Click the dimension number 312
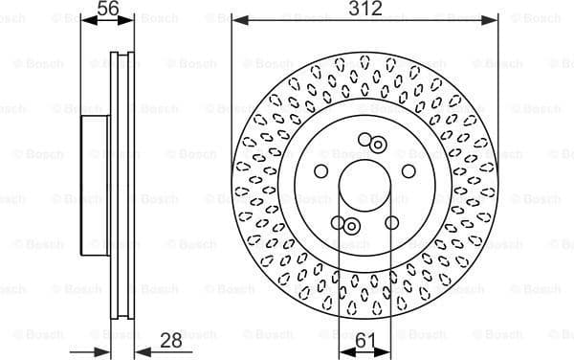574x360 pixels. click(x=365, y=9)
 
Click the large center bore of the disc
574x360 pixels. click(x=364, y=183)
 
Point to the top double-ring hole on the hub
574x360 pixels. click(x=378, y=145)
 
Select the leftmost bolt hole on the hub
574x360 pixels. click(x=321, y=170)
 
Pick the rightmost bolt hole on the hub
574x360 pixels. click(x=408, y=170)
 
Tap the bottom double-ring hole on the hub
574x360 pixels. click(x=351, y=226)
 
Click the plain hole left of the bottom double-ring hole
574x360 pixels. click(x=338, y=222)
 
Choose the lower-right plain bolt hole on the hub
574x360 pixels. click(x=391, y=222)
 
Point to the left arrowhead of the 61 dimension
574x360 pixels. click(x=342, y=349)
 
